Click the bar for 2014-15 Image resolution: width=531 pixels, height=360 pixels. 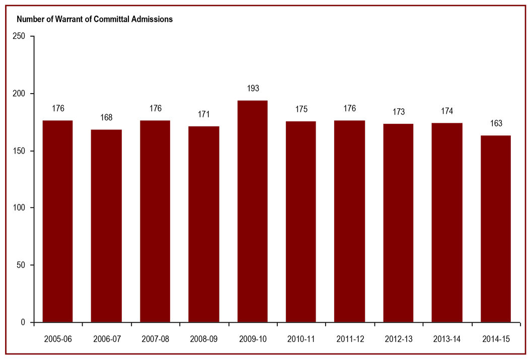pyautogui.click(x=496, y=229)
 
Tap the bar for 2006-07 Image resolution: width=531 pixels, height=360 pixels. pyautogui.click(x=106, y=226)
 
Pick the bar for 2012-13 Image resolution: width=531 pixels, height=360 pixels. pyautogui.click(x=398, y=223)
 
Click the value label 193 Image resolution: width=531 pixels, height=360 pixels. pyautogui.click(x=252, y=89)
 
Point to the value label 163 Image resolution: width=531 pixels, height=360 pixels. pyautogui.click(x=496, y=123)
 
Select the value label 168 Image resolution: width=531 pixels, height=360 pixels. pyautogui.click(x=106, y=118)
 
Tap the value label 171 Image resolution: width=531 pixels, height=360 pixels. pyautogui.click(x=203, y=114)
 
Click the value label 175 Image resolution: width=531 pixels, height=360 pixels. pyautogui.click(x=301, y=109)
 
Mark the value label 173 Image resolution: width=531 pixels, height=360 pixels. pyautogui.click(x=398, y=112)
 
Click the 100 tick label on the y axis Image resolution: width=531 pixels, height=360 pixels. pyautogui.click(x=19, y=208)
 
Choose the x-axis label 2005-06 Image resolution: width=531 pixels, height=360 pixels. pyautogui.click(x=57, y=339)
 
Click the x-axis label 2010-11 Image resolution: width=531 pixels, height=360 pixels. pyautogui.click(x=301, y=339)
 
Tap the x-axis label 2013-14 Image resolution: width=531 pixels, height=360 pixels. pyautogui.click(x=447, y=339)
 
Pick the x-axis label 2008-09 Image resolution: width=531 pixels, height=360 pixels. pyautogui.click(x=203, y=339)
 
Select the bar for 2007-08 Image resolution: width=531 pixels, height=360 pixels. pyautogui.click(x=155, y=222)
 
